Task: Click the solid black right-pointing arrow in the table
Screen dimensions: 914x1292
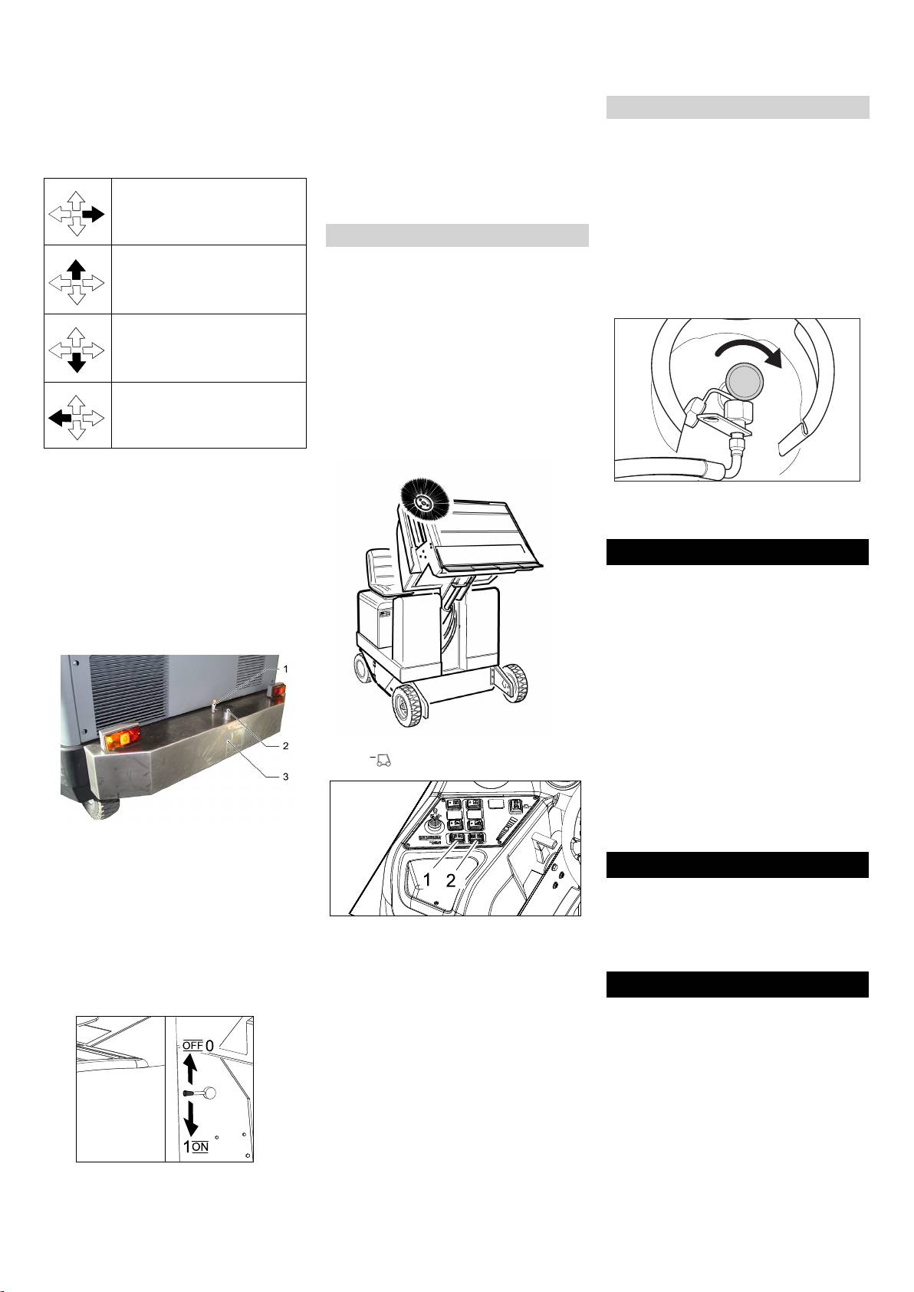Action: pos(93,215)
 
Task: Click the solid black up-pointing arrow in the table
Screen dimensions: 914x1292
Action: pos(76,270)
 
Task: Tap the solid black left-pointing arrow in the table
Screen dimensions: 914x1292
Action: pos(59,418)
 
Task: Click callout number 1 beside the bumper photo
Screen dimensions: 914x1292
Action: pos(285,669)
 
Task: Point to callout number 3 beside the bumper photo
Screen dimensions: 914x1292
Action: pos(285,777)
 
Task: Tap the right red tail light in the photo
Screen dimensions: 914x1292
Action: pos(278,692)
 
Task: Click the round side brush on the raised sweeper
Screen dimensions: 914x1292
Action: pos(425,504)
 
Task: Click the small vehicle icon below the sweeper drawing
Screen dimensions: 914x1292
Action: pos(383,760)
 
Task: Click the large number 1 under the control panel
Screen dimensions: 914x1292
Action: pos(427,879)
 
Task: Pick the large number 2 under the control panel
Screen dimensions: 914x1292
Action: pos(450,879)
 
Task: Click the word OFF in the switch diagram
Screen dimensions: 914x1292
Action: pos(193,1045)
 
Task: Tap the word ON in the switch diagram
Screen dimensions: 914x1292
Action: pos(200,1146)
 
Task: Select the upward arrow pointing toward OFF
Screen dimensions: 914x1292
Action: pos(191,1069)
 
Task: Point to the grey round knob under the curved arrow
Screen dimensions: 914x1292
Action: pos(745,379)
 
